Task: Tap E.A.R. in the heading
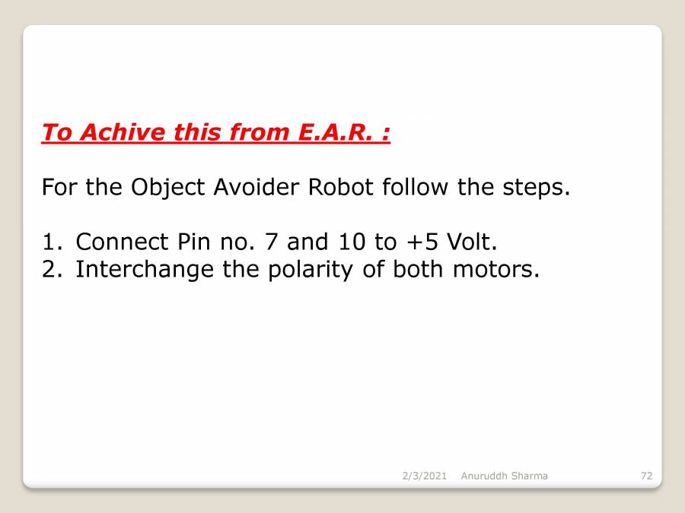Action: tap(336, 132)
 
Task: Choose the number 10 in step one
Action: tap(351, 242)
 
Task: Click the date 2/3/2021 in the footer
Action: tap(425, 476)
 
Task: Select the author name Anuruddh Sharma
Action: tap(504, 476)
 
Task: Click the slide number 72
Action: tap(646, 476)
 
